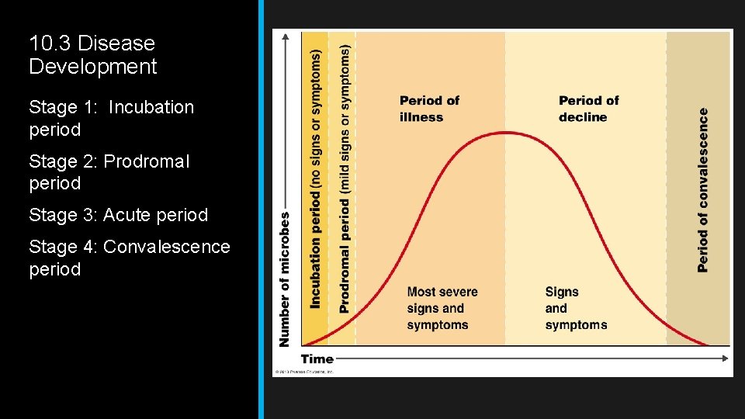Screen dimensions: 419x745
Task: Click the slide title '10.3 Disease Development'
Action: click(x=92, y=55)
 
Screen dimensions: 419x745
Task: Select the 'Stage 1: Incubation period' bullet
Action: click(x=111, y=118)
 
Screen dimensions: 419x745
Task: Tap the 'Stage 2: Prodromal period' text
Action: click(x=109, y=172)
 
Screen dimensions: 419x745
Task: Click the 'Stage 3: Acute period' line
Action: click(x=118, y=215)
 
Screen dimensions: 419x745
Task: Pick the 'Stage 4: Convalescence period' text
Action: click(x=129, y=258)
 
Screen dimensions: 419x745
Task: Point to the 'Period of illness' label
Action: click(x=429, y=109)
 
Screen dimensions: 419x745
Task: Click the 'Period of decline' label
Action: click(x=588, y=109)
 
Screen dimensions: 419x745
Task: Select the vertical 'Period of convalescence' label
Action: click(x=702, y=189)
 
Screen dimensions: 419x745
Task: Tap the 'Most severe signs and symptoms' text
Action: click(x=442, y=308)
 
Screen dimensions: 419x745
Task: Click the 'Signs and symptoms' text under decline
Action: click(x=576, y=308)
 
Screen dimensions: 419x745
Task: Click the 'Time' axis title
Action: click(x=317, y=358)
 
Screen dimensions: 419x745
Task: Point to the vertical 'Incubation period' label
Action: click(x=315, y=179)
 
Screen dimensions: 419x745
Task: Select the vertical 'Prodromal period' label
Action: click(x=344, y=178)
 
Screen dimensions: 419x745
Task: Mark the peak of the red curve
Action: click(x=506, y=132)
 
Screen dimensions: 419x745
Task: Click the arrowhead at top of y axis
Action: click(x=288, y=36)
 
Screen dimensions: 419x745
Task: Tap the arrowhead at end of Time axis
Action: click(x=726, y=358)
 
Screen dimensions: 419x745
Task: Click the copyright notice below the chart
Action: click(x=304, y=372)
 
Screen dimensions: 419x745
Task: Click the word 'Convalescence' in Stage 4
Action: click(x=166, y=247)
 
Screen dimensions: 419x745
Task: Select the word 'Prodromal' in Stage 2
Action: click(x=146, y=161)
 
